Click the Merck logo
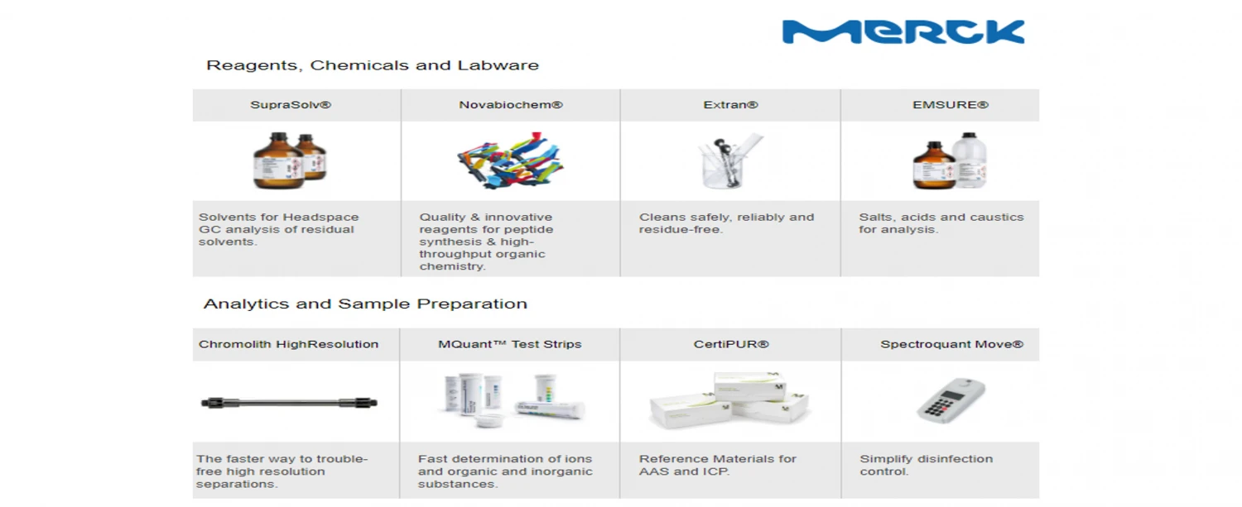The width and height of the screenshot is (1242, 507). click(x=903, y=31)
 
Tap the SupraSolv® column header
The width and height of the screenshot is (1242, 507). click(x=291, y=105)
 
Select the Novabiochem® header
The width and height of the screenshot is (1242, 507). click(x=511, y=105)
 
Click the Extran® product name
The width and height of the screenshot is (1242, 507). click(x=730, y=105)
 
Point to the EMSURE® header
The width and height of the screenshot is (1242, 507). click(x=951, y=105)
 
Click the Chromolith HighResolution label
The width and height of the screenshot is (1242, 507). click(x=288, y=344)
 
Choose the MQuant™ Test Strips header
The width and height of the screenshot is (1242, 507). click(x=509, y=344)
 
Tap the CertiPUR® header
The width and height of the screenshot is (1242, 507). click(x=731, y=344)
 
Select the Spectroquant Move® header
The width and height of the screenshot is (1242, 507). click(x=951, y=344)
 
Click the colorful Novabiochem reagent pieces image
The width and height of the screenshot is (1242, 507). click(x=510, y=160)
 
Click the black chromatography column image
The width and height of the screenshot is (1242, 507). click(x=289, y=403)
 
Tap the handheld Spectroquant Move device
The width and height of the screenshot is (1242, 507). click(x=951, y=400)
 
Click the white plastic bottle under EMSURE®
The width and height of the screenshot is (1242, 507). click(x=970, y=160)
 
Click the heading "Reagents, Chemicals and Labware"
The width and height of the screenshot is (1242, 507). click(x=372, y=65)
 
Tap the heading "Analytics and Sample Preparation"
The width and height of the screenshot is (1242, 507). click(x=365, y=304)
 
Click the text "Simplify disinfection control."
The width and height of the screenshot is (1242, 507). click(x=926, y=465)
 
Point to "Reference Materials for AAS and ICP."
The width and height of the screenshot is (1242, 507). click(x=718, y=465)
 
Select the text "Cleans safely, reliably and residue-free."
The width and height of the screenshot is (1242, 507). click(x=726, y=222)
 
